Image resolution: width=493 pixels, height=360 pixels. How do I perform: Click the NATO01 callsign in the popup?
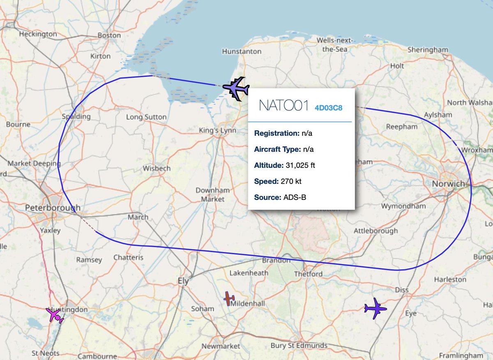click(x=283, y=105)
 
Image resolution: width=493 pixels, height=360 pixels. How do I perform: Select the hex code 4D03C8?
click(x=328, y=108)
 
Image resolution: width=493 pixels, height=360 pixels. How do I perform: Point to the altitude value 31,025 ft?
click(x=299, y=165)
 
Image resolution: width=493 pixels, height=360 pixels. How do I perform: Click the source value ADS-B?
click(x=295, y=197)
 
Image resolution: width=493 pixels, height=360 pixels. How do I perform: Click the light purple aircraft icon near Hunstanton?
click(x=236, y=88)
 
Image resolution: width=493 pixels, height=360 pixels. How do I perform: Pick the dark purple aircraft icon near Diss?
click(x=375, y=308)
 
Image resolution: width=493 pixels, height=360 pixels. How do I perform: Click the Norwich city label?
click(x=448, y=183)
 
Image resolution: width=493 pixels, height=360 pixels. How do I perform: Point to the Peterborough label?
click(x=53, y=208)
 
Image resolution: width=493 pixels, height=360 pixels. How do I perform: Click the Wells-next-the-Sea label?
click(x=332, y=44)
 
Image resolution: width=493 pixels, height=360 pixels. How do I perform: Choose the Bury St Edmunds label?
click(x=299, y=345)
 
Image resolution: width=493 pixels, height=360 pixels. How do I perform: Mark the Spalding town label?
click(x=76, y=117)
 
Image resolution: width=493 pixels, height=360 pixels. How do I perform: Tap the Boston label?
click(x=109, y=35)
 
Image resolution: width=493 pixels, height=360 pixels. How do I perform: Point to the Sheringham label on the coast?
click(x=428, y=50)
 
